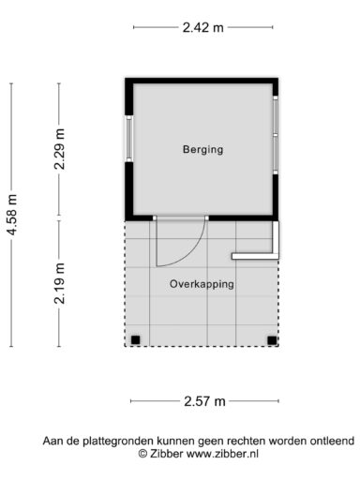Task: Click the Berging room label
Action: click(x=202, y=149)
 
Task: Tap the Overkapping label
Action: click(x=202, y=284)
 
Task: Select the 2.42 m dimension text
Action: click(x=203, y=27)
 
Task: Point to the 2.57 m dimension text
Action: click(x=204, y=401)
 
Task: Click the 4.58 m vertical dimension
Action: click(x=12, y=215)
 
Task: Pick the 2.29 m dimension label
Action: click(x=59, y=149)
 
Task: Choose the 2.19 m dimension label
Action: click(x=59, y=283)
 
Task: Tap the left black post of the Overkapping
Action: click(x=135, y=339)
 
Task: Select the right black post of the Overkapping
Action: click(x=272, y=340)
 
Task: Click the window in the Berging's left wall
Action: click(x=129, y=139)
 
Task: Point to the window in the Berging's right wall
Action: click(x=276, y=135)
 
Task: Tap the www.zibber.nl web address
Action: click(x=222, y=454)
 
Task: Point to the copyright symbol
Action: click(x=142, y=454)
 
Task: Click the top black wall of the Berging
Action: click(x=202, y=81)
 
